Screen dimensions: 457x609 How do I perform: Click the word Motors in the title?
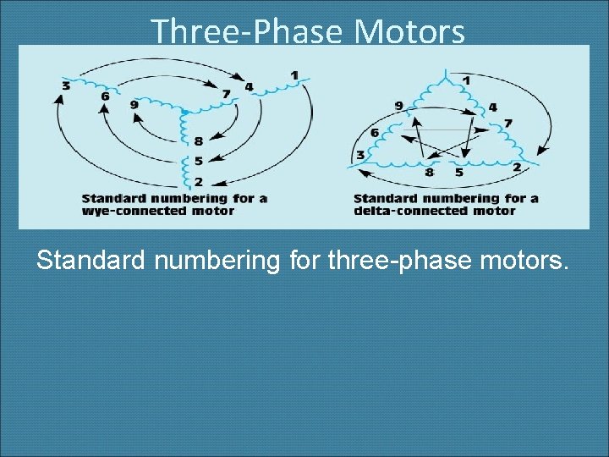[409, 32]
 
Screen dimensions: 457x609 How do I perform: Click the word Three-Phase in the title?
[249, 32]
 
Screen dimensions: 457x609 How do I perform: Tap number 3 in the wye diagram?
[65, 85]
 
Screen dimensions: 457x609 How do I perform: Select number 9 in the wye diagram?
[134, 104]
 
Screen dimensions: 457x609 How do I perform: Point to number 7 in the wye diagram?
[225, 93]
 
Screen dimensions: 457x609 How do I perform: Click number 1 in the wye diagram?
[294, 75]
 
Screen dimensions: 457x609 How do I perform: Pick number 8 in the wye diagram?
[197, 141]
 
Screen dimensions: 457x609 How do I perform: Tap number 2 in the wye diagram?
[197, 180]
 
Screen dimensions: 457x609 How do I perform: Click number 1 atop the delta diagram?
[467, 80]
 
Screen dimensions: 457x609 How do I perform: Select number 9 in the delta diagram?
[399, 107]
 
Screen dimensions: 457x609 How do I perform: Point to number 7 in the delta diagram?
[507, 124]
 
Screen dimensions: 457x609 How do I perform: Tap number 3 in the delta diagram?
[361, 155]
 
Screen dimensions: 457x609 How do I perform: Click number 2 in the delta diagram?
[516, 167]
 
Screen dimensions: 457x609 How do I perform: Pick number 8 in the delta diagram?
[430, 173]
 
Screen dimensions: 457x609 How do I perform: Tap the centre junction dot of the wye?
[184, 112]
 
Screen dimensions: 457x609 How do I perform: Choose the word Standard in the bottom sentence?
[91, 261]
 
